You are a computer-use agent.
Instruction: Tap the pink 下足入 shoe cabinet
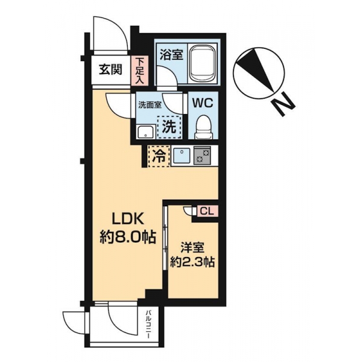tap(139, 70)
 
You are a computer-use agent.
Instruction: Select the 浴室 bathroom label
tap(171, 54)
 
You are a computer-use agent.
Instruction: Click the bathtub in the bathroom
tap(203, 63)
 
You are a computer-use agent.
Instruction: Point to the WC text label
tap(203, 103)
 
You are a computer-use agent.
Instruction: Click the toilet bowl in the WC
tap(203, 127)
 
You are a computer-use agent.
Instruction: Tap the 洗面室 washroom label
tap(150, 105)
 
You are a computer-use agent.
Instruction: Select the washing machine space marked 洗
tap(169, 127)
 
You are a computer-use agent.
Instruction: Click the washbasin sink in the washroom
tap(146, 132)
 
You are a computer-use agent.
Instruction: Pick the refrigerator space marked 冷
tap(159, 156)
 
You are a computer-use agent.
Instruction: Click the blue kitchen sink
tap(182, 156)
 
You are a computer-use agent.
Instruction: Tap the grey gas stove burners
tap(203, 155)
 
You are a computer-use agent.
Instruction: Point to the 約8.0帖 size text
tap(128, 237)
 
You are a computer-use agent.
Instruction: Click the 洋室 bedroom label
tap(192, 248)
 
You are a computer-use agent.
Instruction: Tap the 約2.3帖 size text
tap(192, 262)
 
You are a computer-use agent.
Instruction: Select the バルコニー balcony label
tap(148, 325)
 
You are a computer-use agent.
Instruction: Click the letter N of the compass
tap(283, 104)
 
